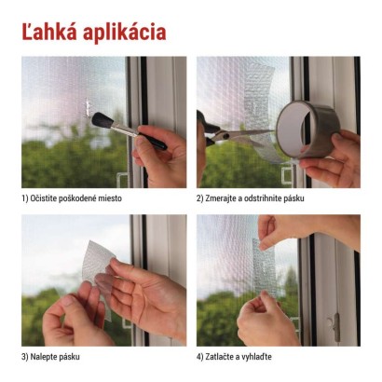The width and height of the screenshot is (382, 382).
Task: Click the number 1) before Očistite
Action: coord(25,199)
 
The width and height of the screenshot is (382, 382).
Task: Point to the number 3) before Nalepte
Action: coord(25,357)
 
